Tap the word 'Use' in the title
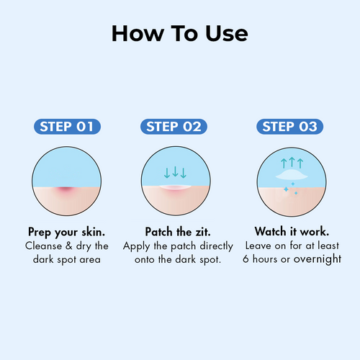(227, 34)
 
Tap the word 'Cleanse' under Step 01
(44, 246)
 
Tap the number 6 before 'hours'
(246, 258)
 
